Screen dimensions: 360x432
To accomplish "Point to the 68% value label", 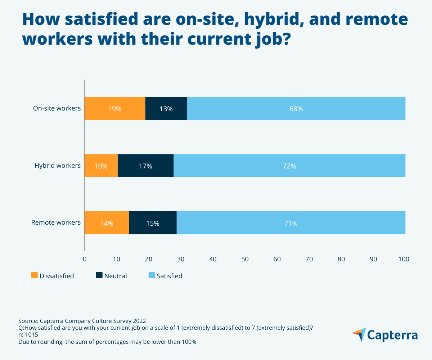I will [296, 109].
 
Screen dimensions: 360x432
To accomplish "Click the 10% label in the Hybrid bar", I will [101, 166].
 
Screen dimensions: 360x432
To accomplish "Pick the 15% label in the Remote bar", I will [153, 223].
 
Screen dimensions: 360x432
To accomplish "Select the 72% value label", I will [289, 166].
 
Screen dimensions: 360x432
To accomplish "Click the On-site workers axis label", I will [57, 108].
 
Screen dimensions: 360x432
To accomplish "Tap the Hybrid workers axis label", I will [58, 166].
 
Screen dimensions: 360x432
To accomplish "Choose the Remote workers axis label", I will [56, 222].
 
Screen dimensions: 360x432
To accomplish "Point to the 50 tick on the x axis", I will [245, 259].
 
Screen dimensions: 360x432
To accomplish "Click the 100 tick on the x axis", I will [404, 259].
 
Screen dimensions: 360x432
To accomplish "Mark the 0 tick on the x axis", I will [85, 259].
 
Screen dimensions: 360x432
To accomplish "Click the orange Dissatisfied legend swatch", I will [35, 275].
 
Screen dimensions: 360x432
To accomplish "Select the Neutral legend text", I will [116, 276].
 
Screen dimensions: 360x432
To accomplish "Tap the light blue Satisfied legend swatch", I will [152, 275].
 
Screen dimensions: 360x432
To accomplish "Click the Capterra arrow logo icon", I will [359, 334].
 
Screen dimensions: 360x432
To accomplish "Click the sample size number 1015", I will [31, 334].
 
